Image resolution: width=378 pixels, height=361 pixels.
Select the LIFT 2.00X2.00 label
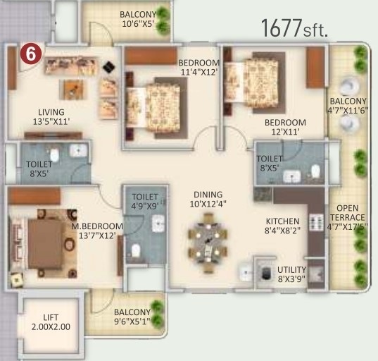51,322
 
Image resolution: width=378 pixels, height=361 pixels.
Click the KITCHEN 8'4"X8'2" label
282,226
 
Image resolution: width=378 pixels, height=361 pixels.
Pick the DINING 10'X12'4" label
208,200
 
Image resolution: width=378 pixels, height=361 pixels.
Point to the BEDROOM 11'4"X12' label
199,66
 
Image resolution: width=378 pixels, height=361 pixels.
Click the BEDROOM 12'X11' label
285,126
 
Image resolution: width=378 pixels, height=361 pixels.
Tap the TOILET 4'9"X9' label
146,202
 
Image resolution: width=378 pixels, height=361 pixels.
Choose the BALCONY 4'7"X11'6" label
347,105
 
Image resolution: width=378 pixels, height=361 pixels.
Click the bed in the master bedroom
45,244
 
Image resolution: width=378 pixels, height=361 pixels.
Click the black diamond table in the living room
109,67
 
